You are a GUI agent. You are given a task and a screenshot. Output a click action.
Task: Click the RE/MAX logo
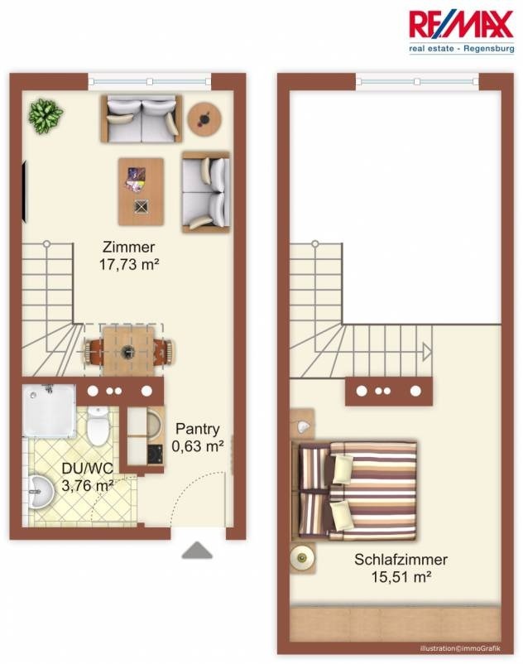click(x=461, y=31)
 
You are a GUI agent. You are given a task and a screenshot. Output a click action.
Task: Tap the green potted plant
click(x=46, y=116)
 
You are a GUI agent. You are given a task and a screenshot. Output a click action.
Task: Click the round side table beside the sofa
click(x=204, y=119)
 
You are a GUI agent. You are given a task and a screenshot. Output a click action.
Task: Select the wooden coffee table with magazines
click(x=141, y=191)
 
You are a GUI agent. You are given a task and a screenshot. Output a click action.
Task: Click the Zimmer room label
click(x=128, y=247)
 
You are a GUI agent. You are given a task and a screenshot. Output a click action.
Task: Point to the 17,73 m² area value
click(x=128, y=265)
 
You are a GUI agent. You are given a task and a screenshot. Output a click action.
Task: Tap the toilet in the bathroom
click(x=98, y=426)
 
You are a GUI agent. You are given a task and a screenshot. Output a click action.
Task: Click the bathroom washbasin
click(x=41, y=491)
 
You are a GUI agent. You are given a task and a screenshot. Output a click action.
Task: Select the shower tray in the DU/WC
click(x=49, y=411)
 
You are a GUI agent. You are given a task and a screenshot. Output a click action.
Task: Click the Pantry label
click(x=198, y=429)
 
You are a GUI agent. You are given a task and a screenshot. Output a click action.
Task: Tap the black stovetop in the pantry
click(x=155, y=455)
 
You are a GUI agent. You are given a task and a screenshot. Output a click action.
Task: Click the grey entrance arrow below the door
click(x=197, y=550)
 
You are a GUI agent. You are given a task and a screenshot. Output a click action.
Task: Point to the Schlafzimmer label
click(x=401, y=560)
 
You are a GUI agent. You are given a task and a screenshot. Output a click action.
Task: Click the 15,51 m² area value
click(x=401, y=577)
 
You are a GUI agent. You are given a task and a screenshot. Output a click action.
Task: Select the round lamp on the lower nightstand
click(x=302, y=558)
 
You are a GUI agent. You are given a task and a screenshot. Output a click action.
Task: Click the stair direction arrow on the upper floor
click(x=427, y=351)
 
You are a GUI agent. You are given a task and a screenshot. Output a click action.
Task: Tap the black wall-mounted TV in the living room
click(x=26, y=191)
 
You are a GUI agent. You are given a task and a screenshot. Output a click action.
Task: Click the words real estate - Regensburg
click(x=462, y=48)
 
